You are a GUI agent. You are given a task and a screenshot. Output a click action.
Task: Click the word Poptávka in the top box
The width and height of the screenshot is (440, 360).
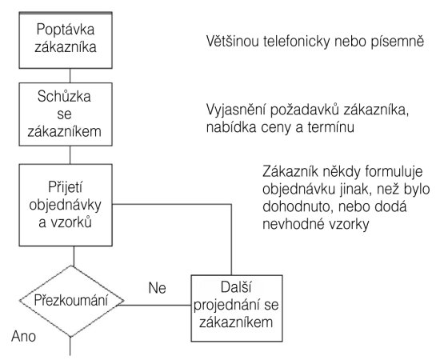[x=66, y=30]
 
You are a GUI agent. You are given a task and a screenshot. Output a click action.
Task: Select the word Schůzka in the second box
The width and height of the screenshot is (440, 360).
[x=64, y=96]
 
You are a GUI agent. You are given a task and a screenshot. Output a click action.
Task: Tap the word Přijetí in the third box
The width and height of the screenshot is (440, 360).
[x=66, y=187]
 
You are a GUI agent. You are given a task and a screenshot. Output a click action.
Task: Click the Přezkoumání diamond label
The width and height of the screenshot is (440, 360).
[x=71, y=300]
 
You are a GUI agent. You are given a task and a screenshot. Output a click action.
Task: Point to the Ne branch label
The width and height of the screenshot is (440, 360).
[x=157, y=288]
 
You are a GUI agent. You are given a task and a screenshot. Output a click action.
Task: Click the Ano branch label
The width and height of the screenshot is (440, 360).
[x=23, y=336]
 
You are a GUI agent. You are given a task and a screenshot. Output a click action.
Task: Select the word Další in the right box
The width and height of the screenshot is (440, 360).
[x=236, y=287]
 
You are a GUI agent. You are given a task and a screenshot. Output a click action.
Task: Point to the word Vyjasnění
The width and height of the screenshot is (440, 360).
[x=236, y=110]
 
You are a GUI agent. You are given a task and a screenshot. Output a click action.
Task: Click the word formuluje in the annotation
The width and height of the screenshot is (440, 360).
[x=394, y=171]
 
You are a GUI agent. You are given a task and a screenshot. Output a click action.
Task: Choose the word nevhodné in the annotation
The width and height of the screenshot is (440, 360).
[x=290, y=224]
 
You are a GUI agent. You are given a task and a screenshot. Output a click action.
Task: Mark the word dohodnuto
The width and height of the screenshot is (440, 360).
[x=298, y=206]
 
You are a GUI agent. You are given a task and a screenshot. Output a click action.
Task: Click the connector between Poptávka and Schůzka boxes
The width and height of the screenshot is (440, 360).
[x=70, y=75]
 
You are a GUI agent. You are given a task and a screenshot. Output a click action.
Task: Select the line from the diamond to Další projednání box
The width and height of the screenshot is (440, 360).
[x=157, y=305]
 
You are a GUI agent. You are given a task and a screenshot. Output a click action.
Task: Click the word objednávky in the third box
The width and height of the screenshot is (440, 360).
[x=65, y=205]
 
